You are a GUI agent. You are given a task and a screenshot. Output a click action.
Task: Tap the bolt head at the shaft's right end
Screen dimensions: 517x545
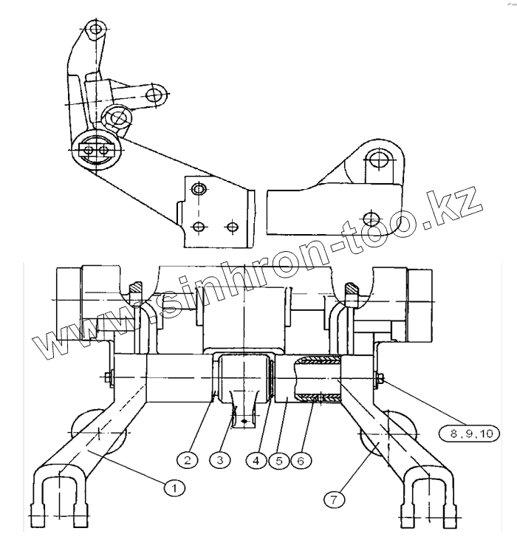coord(379,380)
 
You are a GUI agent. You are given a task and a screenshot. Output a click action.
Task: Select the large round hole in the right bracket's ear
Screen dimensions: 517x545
coord(378,160)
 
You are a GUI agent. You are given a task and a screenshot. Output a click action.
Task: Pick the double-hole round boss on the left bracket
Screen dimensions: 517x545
coord(96,148)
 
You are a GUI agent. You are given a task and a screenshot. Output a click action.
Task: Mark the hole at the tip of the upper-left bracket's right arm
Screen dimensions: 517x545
coord(154,94)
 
